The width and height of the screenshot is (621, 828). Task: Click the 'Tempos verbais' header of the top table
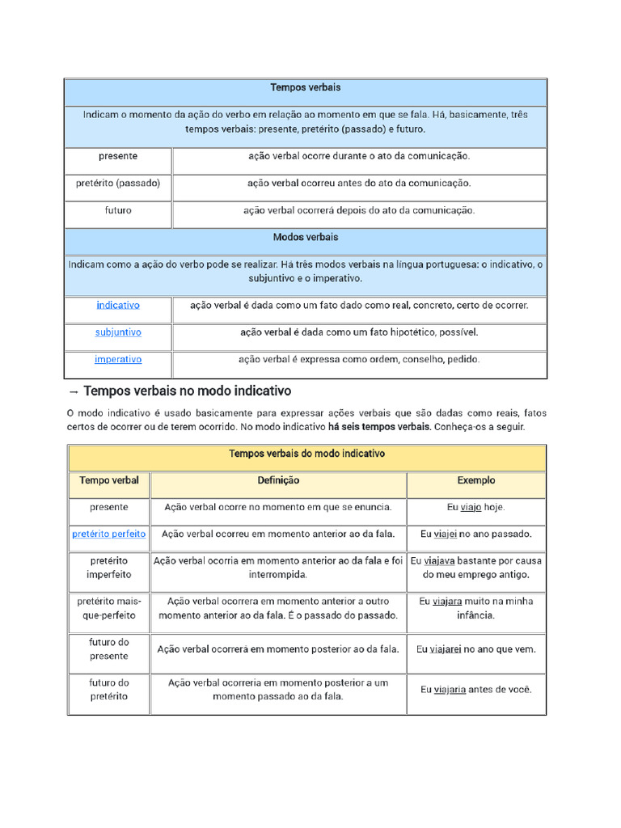[305, 87]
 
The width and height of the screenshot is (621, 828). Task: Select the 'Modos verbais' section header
[305, 237]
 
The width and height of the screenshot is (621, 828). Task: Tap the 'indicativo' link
[118, 305]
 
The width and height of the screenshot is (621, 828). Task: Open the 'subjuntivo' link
[118, 332]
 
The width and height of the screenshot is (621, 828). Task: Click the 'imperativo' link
[118, 359]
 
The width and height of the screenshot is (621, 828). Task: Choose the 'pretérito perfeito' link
[109, 534]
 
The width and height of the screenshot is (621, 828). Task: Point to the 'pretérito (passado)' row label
[118, 184]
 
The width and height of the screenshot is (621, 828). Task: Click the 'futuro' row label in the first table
[118, 210]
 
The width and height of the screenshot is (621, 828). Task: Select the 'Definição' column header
[278, 480]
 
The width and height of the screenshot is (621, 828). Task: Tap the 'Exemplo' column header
[476, 480]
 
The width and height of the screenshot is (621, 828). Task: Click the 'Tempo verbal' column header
[109, 480]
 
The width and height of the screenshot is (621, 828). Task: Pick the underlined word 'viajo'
[471, 507]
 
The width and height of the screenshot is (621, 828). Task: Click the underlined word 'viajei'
[445, 534]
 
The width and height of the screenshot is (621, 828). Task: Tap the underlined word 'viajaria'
[450, 690]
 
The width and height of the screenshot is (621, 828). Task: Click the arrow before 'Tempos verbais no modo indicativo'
[73, 391]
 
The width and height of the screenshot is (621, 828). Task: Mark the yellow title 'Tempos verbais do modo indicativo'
[306, 454]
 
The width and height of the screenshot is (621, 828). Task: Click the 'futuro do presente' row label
[109, 648]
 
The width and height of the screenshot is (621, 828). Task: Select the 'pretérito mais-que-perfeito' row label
[109, 608]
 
